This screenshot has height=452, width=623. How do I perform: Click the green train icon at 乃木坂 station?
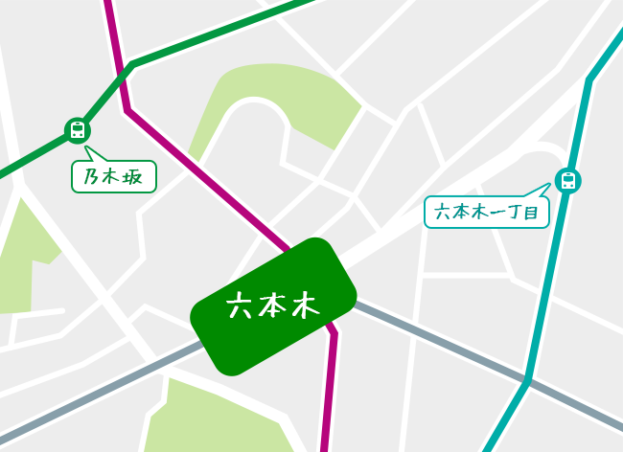click(78, 130)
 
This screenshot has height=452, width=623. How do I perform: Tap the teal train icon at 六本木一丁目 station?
click(568, 180)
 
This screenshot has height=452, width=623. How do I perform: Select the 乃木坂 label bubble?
click(114, 176)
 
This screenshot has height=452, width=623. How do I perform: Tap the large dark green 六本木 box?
click(273, 305)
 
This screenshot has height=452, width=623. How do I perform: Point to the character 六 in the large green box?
click(240, 306)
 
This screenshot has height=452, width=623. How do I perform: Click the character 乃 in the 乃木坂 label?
click(92, 177)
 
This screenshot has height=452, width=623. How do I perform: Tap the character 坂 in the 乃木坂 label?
click(136, 177)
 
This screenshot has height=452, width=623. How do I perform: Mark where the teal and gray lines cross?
click(526, 383)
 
